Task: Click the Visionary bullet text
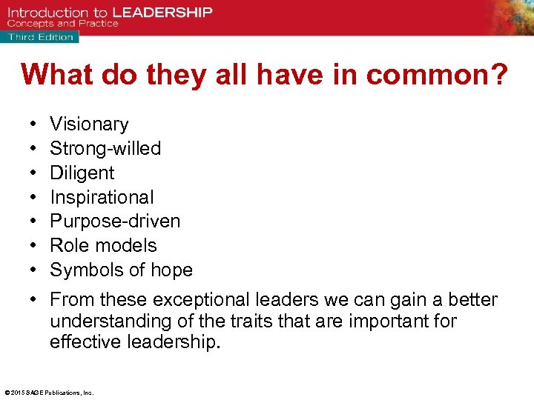coord(89,124)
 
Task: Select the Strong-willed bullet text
coord(105,148)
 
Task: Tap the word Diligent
coord(82,173)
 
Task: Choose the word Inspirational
coord(102,197)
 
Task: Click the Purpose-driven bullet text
coord(115,221)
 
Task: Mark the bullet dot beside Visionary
coord(35,124)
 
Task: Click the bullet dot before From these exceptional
coord(35,300)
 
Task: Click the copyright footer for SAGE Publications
coord(49,393)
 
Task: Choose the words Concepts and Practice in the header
coord(63,24)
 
